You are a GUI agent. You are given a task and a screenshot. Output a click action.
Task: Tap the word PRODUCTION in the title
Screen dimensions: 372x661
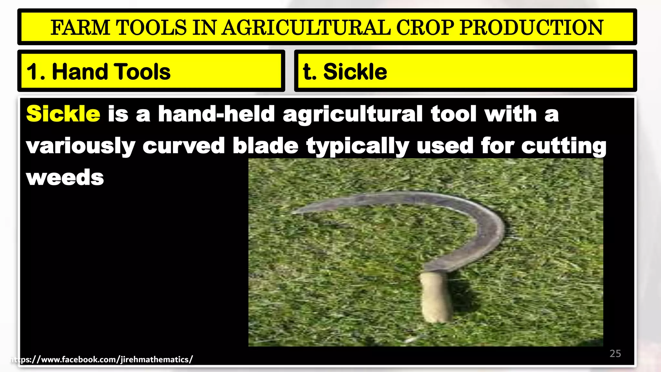(x=531, y=27)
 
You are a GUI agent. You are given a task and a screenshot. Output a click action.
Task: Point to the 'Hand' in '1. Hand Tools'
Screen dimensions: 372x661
(x=79, y=72)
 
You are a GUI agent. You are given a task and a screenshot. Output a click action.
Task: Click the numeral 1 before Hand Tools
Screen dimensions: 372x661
(x=32, y=72)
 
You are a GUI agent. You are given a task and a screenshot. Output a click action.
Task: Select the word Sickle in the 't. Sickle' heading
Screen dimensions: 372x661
(x=355, y=72)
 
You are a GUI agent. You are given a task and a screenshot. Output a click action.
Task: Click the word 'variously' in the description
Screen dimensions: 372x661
(x=80, y=146)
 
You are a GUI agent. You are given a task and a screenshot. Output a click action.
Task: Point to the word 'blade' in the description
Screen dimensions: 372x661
(x=265, y=146)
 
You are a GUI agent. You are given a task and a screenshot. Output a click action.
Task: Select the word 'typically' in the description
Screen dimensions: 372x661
(x=358, y=146)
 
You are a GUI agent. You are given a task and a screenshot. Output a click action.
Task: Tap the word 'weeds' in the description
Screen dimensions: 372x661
(x=65, y=178)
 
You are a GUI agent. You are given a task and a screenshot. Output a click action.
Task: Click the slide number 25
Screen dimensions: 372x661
(x=615, y=354)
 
